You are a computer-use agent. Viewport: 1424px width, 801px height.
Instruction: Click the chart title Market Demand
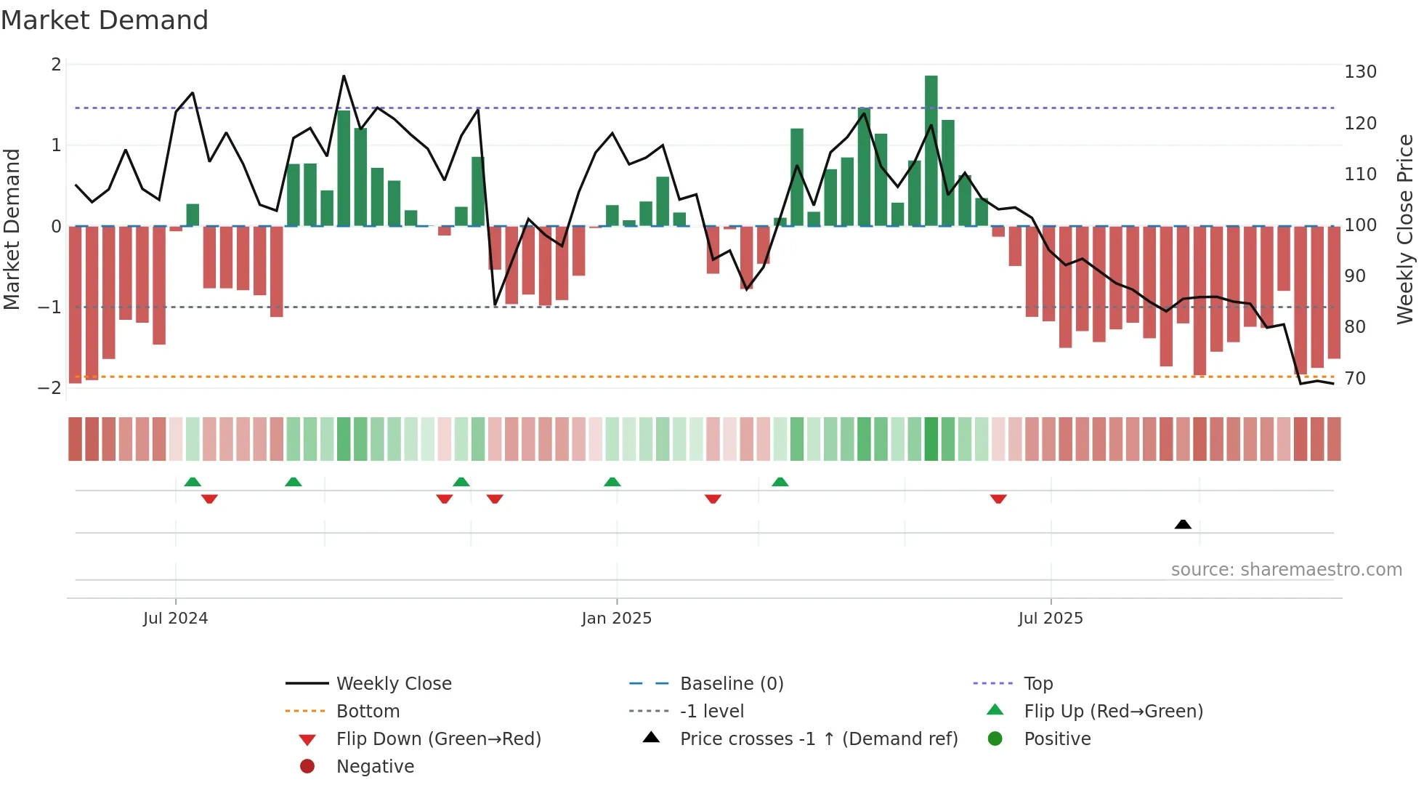pyautogui.click(x=105, y=20)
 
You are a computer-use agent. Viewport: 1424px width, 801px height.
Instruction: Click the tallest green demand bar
pyautogui.click(x=931, y=150)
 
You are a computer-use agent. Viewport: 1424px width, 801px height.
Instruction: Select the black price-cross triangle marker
pyautogui.click(x=1183, y=524)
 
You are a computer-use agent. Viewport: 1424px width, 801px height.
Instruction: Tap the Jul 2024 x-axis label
pyautogui.click(x=175, y=619)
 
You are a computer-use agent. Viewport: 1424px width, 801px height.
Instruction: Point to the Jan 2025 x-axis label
pyautogui.click(x=616, y=619)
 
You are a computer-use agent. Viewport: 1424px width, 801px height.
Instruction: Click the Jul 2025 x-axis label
pyautogui.click(x=1051, y=619)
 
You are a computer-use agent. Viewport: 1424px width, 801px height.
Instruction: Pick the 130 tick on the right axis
pyautogui.click(x=1360, y=72)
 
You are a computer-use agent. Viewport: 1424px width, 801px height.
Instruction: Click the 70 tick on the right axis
pyautogui.click(x=1355, y=379)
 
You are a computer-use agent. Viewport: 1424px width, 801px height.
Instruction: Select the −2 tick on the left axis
pyautogui.click(x=49, y=387)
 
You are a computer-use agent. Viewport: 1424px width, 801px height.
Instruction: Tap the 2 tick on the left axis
pyautogui.click(x=56, y=65)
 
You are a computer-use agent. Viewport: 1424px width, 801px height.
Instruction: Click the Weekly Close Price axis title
pyautogui.click(x=1405, y=229)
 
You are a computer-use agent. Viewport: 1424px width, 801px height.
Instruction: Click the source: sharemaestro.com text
pyautogui.click(x=1286, y=570)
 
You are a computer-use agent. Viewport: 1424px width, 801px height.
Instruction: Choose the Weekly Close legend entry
pyautogui.click(x=393, y=684)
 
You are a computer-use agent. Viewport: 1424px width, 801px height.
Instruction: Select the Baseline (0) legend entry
pyautogui.click(x=731, y=684)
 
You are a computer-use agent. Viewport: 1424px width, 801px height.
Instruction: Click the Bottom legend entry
pyautogui.click(x=368, y=712)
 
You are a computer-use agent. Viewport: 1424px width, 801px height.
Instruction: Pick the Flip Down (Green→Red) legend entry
pyautogui.click(x=438, y=739)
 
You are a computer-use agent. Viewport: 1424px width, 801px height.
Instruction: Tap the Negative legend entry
pyautogui.click(x=375, y=767)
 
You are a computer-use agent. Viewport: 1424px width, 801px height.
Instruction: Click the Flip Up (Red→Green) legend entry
pyautogui.click(x=1113, y=712)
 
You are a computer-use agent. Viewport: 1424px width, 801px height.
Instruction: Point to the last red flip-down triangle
pyautogui.click(x=998, y=499)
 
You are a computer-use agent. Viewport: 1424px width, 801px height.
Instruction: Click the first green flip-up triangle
pyautogui.click(x=193, y=482)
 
